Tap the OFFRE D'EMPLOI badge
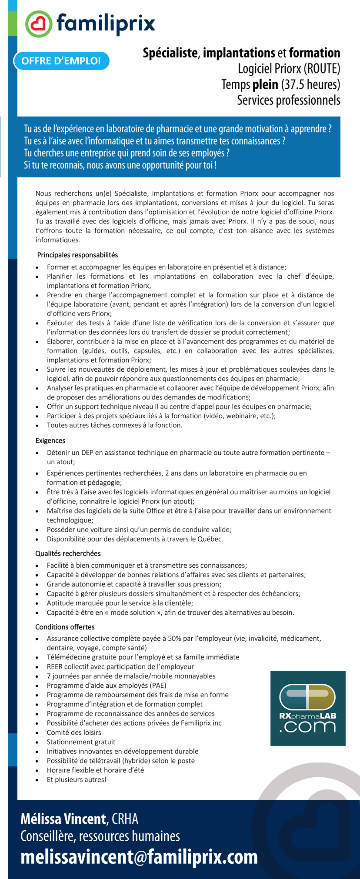point(61,61)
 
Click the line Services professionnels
point(288,100)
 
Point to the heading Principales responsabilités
point(77,255)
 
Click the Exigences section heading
point(50,440)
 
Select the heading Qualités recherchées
point(68,553)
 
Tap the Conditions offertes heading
point(65,627)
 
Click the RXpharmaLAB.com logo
point(308,708)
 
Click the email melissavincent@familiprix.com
point(139,857)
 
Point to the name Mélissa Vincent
point(63,819)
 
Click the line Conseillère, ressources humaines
point(100,836)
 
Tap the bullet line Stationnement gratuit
point(81,742)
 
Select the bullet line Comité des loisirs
point(74,732)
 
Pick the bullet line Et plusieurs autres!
point(77,779)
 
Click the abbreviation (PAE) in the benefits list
point(157,685)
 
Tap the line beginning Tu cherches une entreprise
point(127,153)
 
